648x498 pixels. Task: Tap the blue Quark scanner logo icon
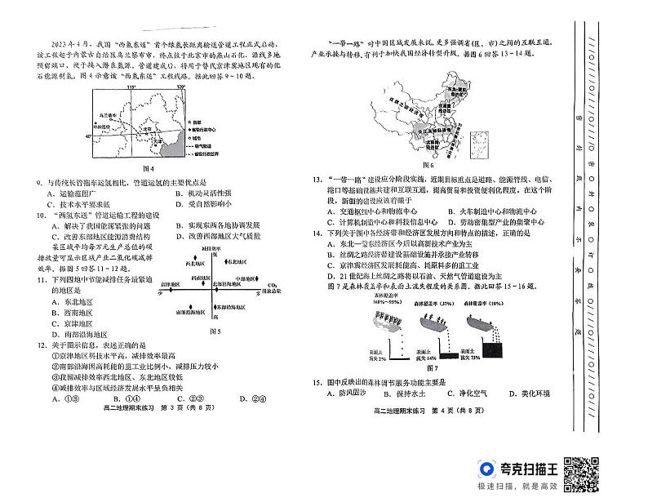pyautogui.click(x=487, y=470)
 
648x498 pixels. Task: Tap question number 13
pyautogui.click(x=314, y=179)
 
